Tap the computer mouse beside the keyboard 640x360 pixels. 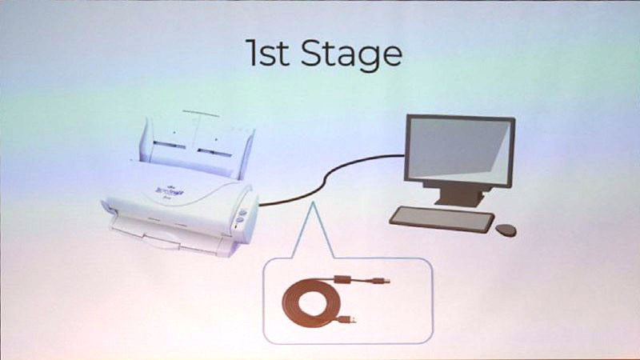click(506, 230)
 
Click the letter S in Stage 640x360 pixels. click(314, 54)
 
